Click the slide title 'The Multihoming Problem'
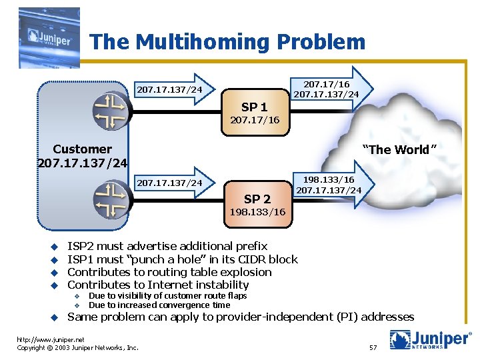pos(227,42)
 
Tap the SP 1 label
pos(254,107)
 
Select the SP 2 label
pos(257,199)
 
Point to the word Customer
pos(82,149)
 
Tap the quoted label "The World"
pos(399,149)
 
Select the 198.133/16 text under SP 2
pos(257,212)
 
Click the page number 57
pos(373,347)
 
